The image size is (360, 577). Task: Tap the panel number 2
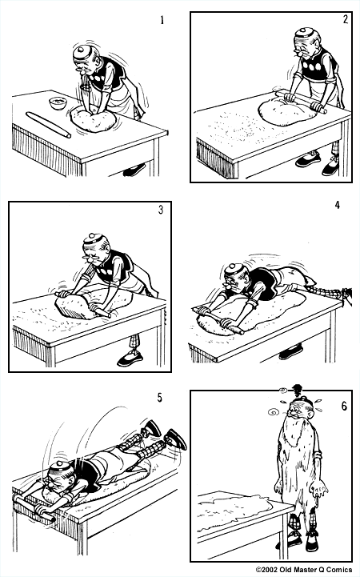click(345, 20)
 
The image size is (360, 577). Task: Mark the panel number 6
click(344, 406)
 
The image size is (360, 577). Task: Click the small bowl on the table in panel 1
click(57, 102)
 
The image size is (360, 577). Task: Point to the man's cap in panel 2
click(302, 36)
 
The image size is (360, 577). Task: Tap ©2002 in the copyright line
click(268, 570)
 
